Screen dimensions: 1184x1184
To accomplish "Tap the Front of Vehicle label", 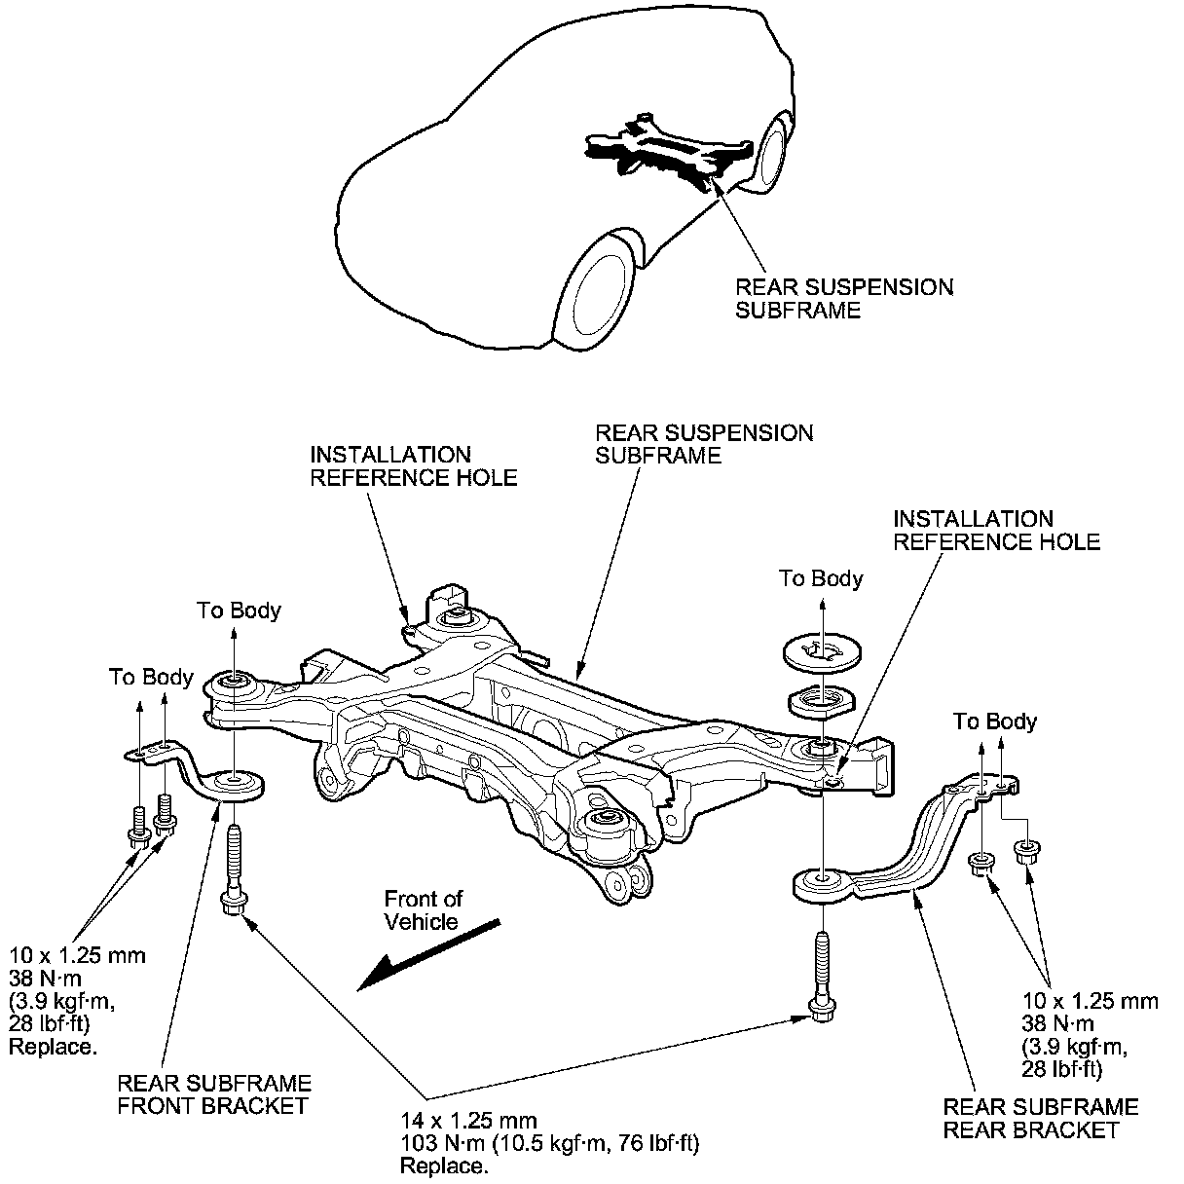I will (422, 909).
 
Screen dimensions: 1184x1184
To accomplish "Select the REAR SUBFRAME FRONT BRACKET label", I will (214, 1093).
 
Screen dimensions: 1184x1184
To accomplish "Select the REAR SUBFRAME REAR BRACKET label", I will (1040, 1118).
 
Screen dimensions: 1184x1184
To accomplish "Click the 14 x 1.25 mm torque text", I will (549, 1143).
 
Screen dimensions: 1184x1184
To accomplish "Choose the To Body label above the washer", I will (821, 578).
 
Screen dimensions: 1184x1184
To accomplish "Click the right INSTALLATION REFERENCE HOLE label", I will (996, 530).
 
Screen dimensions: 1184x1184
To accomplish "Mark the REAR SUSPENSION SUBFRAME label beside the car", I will (844, 298).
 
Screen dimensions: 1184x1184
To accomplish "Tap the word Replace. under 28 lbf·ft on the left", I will (53, 1047).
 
